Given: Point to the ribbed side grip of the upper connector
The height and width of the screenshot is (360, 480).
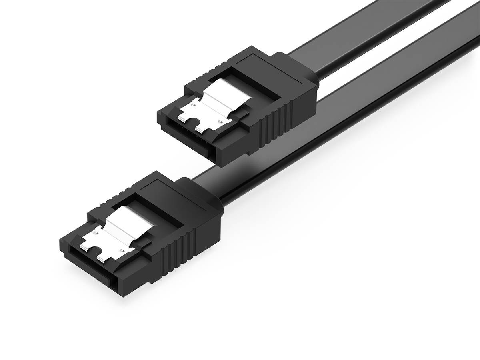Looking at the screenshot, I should tap(276, 120).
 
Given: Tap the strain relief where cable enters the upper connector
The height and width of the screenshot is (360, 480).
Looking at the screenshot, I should tap(306, 82).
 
